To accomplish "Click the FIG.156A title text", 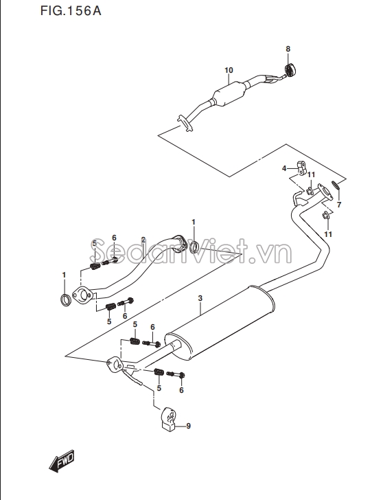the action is (71, 11).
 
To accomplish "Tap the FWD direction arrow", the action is (62, 461).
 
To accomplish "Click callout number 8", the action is (288, 49).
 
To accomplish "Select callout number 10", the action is (229, 70).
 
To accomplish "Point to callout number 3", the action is (200, 299).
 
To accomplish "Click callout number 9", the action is (188, 426).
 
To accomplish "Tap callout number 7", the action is (339, 205).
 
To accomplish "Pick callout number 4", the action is (284, 168).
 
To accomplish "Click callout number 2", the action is (143, 240).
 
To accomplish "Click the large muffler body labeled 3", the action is (219, 323).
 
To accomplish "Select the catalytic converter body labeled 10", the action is (230, 93).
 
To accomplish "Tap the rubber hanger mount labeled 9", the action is (168, 420).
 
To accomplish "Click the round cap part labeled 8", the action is (290, 70).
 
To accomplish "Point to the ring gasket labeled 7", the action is (336, 185).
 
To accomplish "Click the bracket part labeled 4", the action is (302, 168).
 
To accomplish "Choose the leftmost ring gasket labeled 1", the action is (66, 300).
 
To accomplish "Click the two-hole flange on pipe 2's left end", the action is (82, 295).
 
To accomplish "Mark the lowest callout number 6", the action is (181, 390).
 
